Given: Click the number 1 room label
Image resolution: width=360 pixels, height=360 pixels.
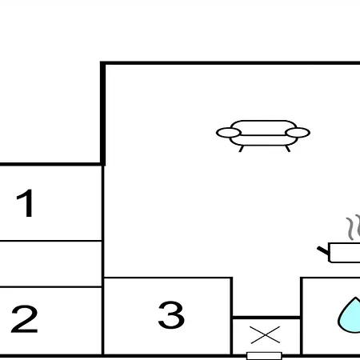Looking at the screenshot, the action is [25, 203].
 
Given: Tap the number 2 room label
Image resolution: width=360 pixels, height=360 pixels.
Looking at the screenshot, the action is [24, 319].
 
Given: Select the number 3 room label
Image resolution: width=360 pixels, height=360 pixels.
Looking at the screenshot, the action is [171, 314].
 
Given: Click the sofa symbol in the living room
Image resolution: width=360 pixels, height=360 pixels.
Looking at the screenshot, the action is [263, 136].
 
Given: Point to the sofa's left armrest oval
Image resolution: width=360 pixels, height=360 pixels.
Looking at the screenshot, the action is [229, 133].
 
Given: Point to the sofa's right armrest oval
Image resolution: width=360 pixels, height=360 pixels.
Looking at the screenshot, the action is [298, 133].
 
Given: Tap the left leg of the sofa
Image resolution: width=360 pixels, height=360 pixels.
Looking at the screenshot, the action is [242, 149].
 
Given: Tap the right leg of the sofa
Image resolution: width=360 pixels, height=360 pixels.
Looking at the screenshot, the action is [288, 149].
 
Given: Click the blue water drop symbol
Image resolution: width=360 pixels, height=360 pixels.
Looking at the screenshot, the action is [350, 315].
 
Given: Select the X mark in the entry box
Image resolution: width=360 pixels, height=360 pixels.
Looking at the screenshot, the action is [266, 334].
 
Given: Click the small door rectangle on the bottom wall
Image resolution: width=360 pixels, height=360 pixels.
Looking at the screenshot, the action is [264, 356].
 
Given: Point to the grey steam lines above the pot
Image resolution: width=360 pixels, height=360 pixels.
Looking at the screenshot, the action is [353, 227].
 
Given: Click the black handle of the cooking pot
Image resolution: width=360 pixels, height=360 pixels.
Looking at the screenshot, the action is [323, 250].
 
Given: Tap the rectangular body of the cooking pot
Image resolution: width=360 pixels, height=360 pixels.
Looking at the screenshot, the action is [345, 253].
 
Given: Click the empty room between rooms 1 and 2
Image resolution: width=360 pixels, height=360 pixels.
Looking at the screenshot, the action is [50, 264].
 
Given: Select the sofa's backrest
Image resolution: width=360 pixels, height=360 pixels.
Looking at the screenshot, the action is [263, 128].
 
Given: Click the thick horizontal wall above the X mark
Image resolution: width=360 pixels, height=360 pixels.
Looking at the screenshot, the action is [266, 318].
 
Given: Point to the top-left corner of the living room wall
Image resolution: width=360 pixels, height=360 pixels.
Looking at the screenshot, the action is [103, 63].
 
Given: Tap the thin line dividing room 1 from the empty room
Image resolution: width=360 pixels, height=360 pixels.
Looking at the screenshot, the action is [50, 241].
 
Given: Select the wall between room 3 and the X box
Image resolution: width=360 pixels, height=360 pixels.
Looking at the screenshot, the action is [231, 316].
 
